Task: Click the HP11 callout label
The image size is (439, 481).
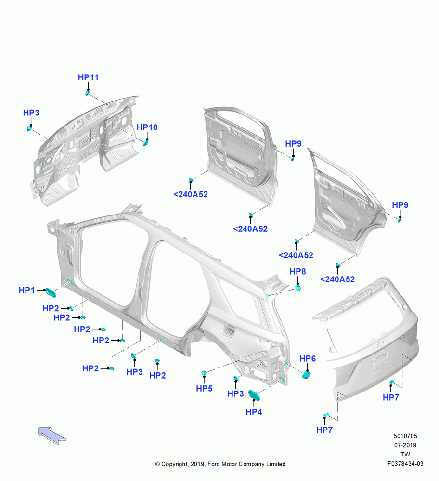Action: pyautogui.click(x=88, y=77)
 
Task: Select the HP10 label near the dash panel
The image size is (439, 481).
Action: pyautogui.click(x=147, y=127)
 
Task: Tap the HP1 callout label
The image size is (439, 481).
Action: pyautogui.click(x=26, y=290)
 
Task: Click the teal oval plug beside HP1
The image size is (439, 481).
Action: pyautogui.click(x=51, y=292)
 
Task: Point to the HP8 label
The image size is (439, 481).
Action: pyautogui.click(x=297, y=271)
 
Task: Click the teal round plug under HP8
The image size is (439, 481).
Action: pyautogui.click(x=297, y=288)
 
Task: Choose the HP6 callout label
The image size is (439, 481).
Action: pyautogui.click(x=307, y=359)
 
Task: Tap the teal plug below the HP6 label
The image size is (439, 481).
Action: pyautogui.click(x=306, y=375)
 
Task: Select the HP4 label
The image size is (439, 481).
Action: pyautogui.click(x=254, y=412)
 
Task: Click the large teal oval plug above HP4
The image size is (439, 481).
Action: pyautogui.click(x=255, y=395)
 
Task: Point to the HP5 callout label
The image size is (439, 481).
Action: pyautogui.click(x=204, y=388)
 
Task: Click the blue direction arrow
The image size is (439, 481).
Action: pyautogui.click(x=52, y=435)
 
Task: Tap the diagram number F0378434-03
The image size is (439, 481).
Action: pyautogui.click(x=405, y=464)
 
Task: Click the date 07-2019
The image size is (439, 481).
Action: pyautogui.click(x=405, y=445)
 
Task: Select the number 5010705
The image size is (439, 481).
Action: pyautogui.click(x=405, y=436)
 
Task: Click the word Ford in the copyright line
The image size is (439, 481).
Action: pyautogui.click(x=214, y=464)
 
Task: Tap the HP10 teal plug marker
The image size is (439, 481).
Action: pyautogui.click(x=145, y=143)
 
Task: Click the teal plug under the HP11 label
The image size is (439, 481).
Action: pyautogui.click(x=88, y=93)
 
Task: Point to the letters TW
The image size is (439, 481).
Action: pyautogui.click(x=405, y=455)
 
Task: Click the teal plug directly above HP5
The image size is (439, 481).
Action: pyautogui.click(x=204, y=373)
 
